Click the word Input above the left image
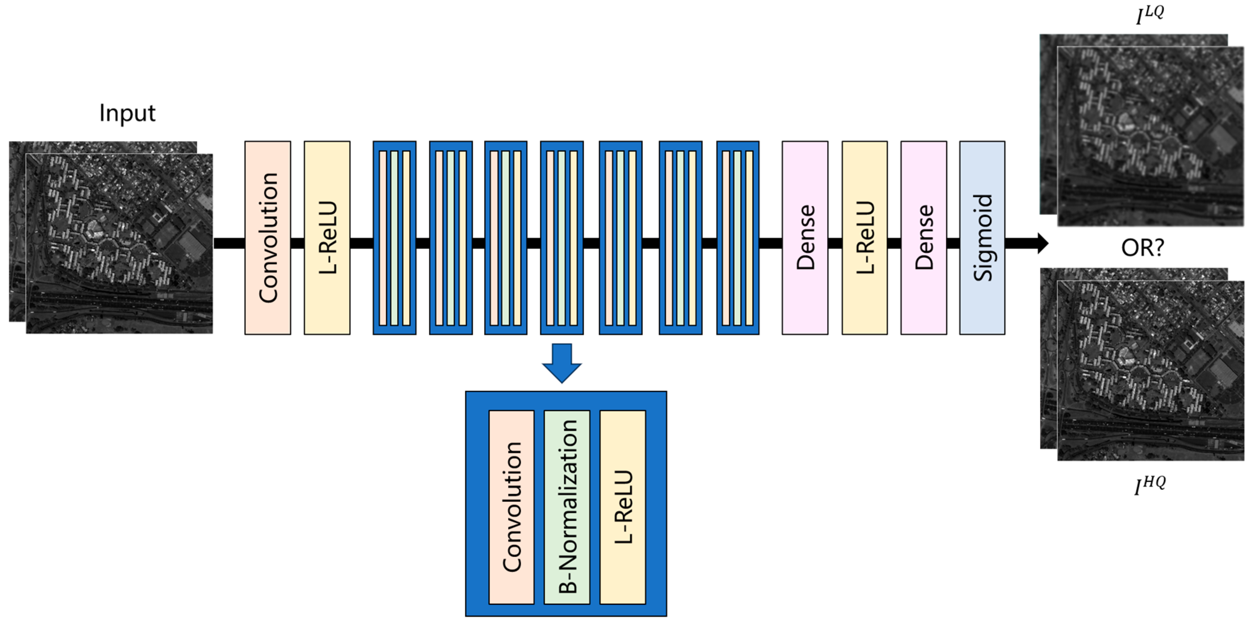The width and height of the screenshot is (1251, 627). tap(127, 113)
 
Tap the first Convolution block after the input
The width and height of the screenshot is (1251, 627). tap(268, 238)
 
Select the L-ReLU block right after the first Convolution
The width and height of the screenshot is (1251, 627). tap(327, 238)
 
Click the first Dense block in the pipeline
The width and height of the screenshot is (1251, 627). tap(805, 238)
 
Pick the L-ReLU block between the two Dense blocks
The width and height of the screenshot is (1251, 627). tap(865, 238)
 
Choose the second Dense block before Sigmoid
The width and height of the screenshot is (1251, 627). tap(923, 238)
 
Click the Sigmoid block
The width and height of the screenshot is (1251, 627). tap(982, 238)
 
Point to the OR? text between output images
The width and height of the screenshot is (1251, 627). tap(1142, 248)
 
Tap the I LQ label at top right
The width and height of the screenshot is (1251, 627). tap(1150, 14)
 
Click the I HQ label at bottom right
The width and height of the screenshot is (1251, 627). tap(1150, 485)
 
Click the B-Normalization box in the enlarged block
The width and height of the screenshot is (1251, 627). tap(567, 507)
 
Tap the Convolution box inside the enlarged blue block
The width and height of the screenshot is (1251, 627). tap(511, 507)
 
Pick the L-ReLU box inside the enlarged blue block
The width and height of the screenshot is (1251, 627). tap(623, 507)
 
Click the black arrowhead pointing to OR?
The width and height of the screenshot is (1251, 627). tap(1042, 243)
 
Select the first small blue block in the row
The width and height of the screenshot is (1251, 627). tap(394, 238)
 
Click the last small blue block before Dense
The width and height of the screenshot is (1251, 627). tap(738, 238)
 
